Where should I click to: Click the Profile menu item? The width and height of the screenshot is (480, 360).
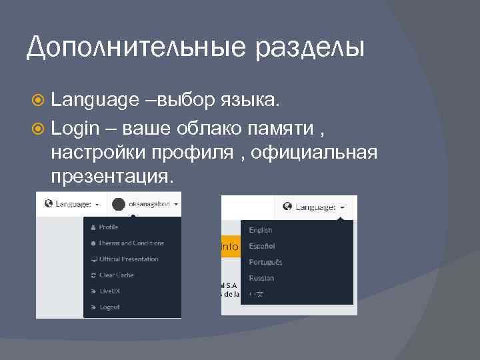coord(108,227)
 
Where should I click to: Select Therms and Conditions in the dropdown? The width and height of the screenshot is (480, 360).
coord(131,243)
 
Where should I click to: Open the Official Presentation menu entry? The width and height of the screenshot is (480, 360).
coord(128,259)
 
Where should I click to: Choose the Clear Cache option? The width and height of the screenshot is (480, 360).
coord(116,275)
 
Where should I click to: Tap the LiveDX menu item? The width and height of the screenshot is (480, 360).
coord(109,291)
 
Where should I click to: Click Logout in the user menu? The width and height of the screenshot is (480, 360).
coord(109,307)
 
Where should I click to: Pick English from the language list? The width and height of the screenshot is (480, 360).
coord(260,230)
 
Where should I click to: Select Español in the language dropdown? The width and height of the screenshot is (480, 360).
coord(261,246)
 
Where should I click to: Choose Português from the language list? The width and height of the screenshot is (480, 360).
coord(265,262)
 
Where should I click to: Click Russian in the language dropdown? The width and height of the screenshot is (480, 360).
coord(261,278)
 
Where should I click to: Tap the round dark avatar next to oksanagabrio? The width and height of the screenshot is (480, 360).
coord(119,204)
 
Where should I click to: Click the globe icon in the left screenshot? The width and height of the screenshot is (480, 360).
coord(48,204)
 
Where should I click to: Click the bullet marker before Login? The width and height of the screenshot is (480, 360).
coord(39,127)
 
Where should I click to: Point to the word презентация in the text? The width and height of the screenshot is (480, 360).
coord(111,176)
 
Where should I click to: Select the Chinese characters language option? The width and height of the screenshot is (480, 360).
coord(256,294)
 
